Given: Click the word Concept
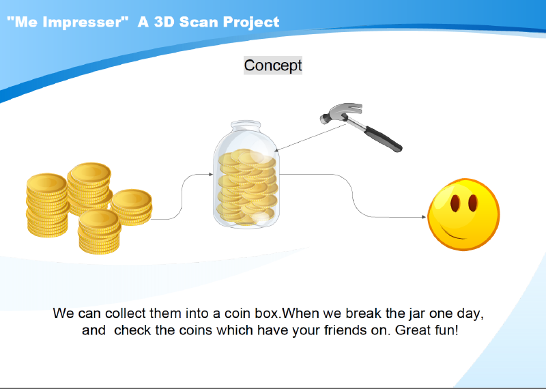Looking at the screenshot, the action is click(272, 66).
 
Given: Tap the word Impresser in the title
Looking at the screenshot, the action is click(83, 22).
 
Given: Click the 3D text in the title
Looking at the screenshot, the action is click(164, 22).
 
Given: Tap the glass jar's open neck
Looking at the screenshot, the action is click(246, 126).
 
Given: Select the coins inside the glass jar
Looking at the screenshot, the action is click(247, 186).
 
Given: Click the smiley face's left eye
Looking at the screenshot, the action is click(455, 203).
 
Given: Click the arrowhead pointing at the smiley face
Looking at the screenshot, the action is click(424, 217).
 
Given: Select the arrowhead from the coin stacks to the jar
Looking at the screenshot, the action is click(210, 174).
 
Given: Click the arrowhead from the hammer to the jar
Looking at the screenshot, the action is click(277, 150).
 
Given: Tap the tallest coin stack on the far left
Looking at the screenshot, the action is click(47, 205).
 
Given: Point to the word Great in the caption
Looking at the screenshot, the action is click(412, 330).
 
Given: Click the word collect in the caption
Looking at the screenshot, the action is click(126, 313).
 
